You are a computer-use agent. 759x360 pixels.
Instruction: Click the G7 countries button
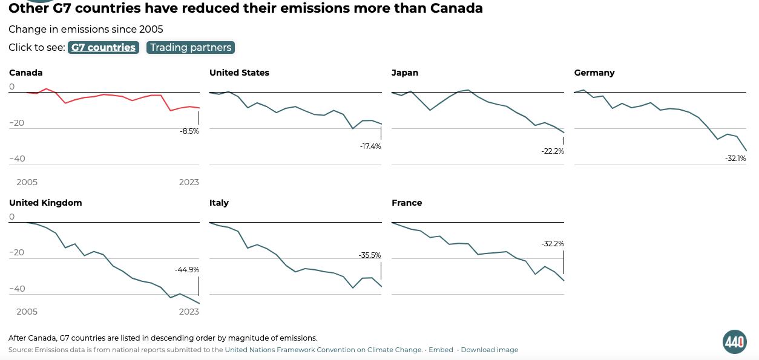click(103, 48)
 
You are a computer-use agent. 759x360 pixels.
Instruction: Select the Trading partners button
click(191, 48)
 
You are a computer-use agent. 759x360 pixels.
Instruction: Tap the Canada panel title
click(26, 73)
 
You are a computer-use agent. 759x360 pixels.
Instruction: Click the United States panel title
click(239, 73)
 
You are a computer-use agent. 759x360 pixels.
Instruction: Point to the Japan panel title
click(405, 73)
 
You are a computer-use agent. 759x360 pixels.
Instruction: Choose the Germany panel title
click(594, 73)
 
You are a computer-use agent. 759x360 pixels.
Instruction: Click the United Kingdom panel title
click(45, 203)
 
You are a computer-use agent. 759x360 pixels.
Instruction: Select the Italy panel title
click(219, 203)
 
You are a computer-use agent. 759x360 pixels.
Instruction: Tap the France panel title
click(407, 203)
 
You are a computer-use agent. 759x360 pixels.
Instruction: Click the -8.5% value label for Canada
click(189, 131)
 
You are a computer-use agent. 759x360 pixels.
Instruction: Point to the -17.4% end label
click(370, 146)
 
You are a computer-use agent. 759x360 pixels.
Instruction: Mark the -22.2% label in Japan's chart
click(553, 151)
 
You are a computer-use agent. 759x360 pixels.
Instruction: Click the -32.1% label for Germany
click(735, 159)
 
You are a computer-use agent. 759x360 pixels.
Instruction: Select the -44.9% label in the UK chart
click(187, 270)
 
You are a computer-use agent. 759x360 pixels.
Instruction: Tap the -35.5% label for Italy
click(370, 255)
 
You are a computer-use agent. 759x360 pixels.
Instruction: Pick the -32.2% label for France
click(553, 244)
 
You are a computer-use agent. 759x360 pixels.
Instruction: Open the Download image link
click(490, 350)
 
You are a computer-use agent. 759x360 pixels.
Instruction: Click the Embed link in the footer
click(441, 350)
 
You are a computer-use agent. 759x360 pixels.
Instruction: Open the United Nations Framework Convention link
click(323, 350)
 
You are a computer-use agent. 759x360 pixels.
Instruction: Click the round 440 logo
click(735, 342)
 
